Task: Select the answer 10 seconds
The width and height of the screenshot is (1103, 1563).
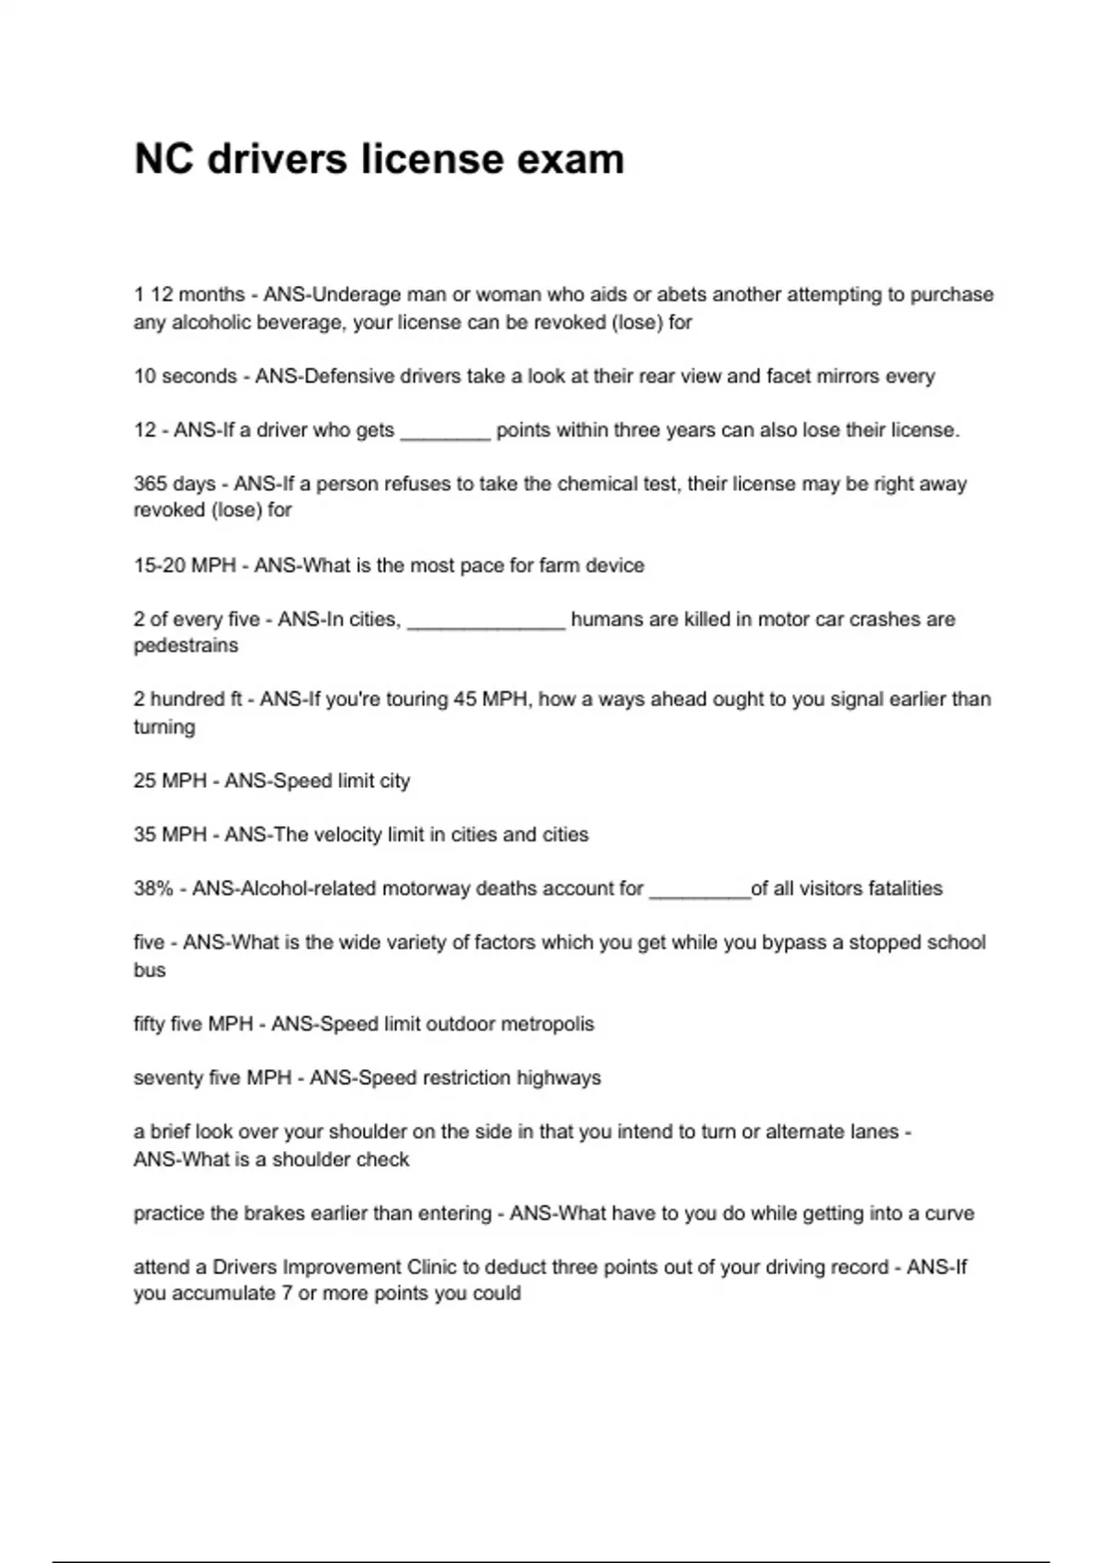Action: click(x=185, y=376)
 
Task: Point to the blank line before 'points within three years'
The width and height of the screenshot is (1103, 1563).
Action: click(x=445, y=431)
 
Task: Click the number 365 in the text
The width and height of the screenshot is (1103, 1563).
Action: click(x=150, y=484)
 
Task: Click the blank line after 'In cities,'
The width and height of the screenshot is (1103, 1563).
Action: click(x=485, y=622)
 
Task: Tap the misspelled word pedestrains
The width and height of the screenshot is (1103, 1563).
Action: click(x=186, y=645)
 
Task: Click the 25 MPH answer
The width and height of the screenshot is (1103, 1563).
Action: click(x=170, y=781)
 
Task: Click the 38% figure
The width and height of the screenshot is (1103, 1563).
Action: click(x=154, y=889)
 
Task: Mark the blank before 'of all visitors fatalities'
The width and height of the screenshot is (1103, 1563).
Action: click(x=699, y=891)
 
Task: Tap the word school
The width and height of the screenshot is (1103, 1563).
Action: click(x=955, y=942)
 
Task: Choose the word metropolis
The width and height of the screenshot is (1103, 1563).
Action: click(x=547, y=1024)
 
